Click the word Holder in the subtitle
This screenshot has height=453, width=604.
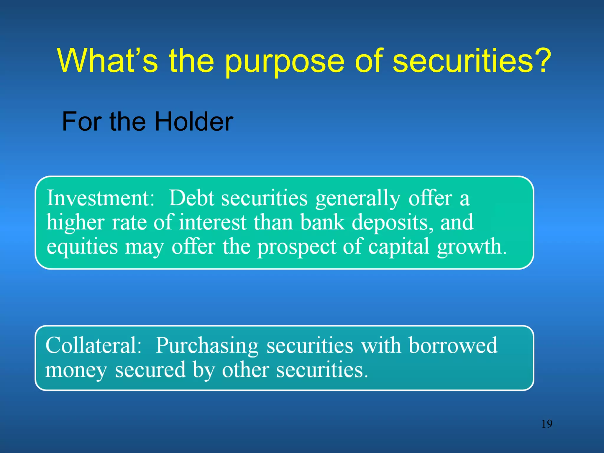(x=194, y=122)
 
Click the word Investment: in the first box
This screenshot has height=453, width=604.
(x=101, y=198)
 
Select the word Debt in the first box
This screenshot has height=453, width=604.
(x=192, y=198)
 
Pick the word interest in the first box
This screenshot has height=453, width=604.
(x=212, y=222)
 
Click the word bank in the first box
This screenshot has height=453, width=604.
(x=322, y=222)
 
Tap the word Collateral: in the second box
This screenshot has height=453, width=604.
(x=94, y=346)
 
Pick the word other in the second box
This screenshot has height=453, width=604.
(x=245, y=370)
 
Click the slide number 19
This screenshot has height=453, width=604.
(x=547, y=424)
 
